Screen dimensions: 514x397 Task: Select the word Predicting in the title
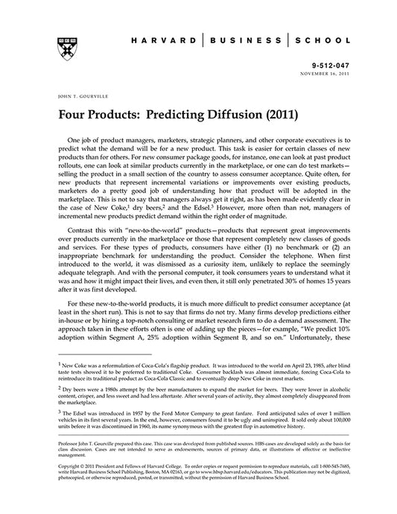tap(177, 116)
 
